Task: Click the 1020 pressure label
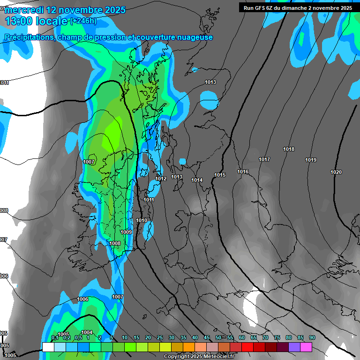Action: (336, 172)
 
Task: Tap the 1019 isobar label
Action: (311, 160)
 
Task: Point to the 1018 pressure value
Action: (289, 149)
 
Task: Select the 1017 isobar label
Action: (264, 159)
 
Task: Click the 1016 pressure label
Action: (243, 172)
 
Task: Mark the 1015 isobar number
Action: (220, 175)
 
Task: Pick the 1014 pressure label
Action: (197, 180)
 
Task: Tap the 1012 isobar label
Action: (161, 179)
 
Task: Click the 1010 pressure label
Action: (142, 220)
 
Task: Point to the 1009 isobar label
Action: (126, 232)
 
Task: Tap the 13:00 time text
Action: (19, 21)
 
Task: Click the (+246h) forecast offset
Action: (83, 21)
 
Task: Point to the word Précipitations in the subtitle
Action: (28, 37)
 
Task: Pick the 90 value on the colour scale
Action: (312, 337)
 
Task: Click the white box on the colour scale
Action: (48, 347)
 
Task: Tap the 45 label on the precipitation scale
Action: (207, 337)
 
